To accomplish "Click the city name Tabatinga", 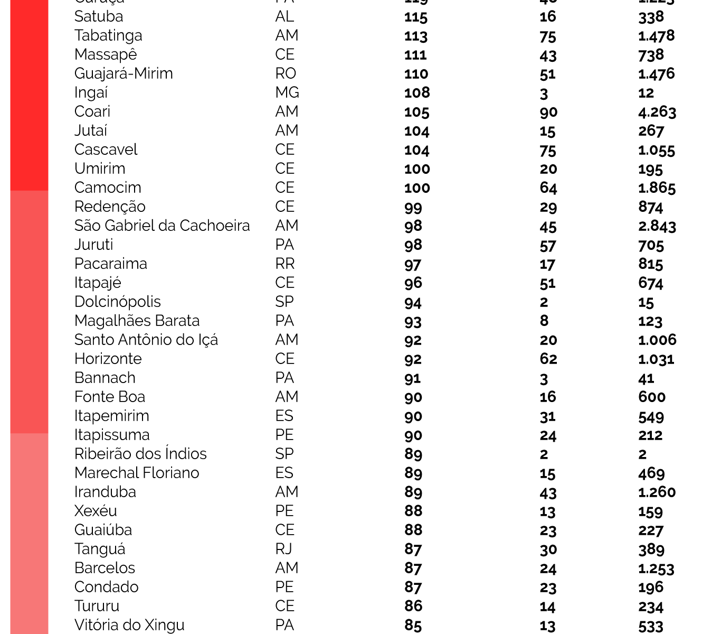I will tap(108, 36).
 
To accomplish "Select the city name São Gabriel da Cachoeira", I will tap(162, 226).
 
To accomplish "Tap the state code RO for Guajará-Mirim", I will tap(286, 74).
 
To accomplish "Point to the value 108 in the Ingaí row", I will tap(417, 93).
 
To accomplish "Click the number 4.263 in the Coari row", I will tap(657, 112).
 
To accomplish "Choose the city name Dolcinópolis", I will tap(117, 302).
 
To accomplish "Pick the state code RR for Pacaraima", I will tap(285, 264).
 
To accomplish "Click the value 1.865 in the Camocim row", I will tap(657, 188).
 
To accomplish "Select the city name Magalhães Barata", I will tap(137, 321).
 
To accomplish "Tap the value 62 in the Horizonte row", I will tap(548, 359).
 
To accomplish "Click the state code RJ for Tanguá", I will tap(284, 549).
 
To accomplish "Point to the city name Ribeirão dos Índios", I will tap(140, 454).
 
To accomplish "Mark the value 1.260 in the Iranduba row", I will tap(657, 492).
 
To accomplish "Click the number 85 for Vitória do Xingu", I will tap(413, 626).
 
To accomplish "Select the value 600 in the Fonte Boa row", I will tap(651, 397).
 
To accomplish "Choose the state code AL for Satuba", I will tap(284, 17).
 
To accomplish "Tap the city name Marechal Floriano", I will tap(137, 473).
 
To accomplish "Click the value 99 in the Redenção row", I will tap(413, 207).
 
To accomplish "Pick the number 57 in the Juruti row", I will tap(548, 245).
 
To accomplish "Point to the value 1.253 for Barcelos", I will tap(656, 568).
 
